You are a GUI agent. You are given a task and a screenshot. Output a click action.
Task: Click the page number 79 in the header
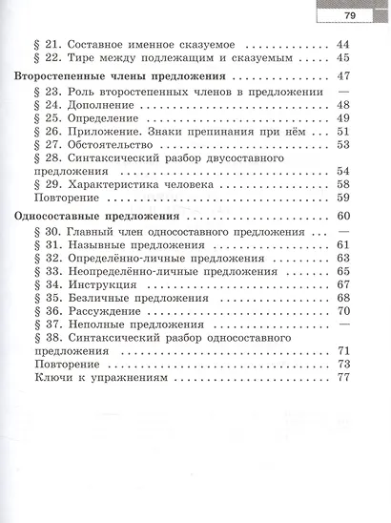coord(349,15)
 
